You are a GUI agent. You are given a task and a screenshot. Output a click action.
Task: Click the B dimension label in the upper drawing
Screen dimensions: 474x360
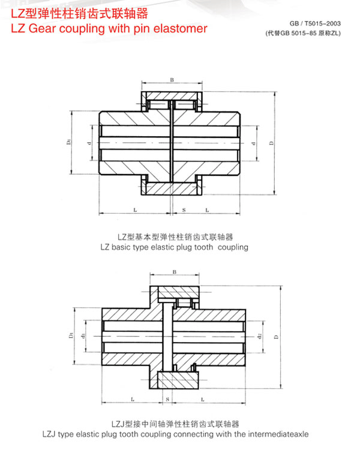coord(172,80)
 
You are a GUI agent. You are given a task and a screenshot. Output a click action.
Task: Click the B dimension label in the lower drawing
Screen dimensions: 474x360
coord(174,272)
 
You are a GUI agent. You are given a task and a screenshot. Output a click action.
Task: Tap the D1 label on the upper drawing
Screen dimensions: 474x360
coord(69,143)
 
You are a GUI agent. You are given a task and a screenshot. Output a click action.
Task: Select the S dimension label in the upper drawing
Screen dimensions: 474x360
coord(183,211)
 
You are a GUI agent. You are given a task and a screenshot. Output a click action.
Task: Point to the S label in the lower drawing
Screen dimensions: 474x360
coord(167,398)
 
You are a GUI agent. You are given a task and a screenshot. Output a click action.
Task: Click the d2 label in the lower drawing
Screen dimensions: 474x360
coord(260,336)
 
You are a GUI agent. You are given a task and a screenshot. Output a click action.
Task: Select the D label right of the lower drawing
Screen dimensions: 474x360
coord(276,337)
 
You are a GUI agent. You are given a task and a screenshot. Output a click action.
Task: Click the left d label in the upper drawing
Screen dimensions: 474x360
coord(89,143)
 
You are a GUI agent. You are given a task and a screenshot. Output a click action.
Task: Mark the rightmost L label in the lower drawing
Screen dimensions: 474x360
coord(203,398)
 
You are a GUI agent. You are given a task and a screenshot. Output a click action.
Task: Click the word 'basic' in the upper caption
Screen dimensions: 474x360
coord(136,247)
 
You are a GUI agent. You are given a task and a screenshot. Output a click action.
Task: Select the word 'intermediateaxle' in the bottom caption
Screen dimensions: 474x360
coord(279,433)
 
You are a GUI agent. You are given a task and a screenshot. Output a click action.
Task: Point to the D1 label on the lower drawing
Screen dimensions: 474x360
coord(71,335)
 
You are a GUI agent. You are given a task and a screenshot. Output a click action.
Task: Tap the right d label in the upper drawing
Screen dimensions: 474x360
coord(253,143)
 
